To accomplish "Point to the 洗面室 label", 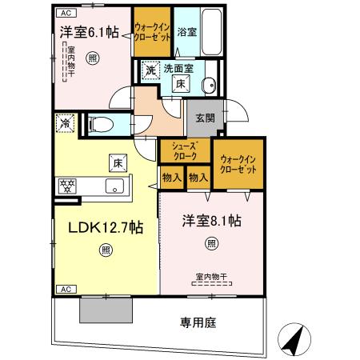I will [x=178, y=69].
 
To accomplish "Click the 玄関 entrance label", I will [x=205, y=118].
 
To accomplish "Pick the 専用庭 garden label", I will [x=198, y=324].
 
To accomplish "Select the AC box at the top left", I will [x=66, y=12].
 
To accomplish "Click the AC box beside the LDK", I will [x=66, y=288].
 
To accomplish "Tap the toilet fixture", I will [x=98, y=124].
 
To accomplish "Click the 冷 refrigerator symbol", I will [x=65, y=124].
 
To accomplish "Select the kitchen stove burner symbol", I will [x=66, y=186].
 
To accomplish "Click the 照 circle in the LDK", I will [x=106, y=250].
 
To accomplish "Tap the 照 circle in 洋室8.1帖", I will [x=211, y=243].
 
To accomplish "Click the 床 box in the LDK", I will [x=116, y=163].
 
